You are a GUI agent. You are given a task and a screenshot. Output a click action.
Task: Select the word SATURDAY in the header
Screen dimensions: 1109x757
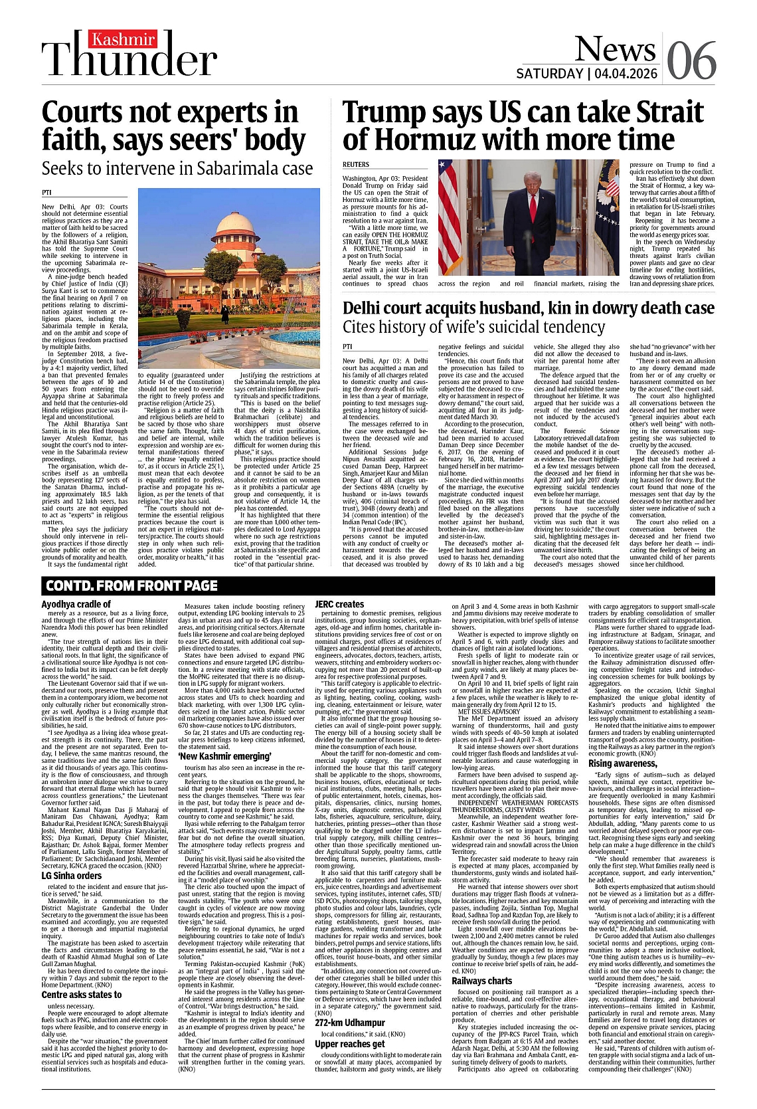click(x=550, y=73)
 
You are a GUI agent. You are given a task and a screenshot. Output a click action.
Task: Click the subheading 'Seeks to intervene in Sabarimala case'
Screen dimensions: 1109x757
click(x=177, y=168)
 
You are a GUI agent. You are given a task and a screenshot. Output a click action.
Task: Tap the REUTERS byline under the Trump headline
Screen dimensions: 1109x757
click(x=356, y=164)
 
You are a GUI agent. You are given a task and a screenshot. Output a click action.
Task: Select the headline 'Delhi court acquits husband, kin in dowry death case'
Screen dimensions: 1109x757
click(x=528, y=308)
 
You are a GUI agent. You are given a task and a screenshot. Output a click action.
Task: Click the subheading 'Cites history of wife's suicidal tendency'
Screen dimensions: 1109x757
click(x=473, y=327)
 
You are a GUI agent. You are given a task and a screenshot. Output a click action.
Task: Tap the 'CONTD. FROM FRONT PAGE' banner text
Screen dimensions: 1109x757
click(x=131, y=585)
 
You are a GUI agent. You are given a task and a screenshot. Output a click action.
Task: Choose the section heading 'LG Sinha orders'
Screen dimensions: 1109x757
click(x=72, y=876)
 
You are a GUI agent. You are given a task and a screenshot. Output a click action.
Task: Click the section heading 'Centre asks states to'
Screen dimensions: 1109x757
click(x=82, y=995)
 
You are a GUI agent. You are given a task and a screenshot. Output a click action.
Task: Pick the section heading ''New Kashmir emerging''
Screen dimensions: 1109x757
click(x=224, y=756)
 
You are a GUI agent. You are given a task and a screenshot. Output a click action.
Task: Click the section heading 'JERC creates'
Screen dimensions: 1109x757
click(x=339, y=604)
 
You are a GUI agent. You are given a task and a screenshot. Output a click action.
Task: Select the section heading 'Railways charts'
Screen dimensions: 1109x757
click(x=481, y=981)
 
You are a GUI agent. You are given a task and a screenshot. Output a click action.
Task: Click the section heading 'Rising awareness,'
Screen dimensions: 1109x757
click(x=623, y=763)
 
